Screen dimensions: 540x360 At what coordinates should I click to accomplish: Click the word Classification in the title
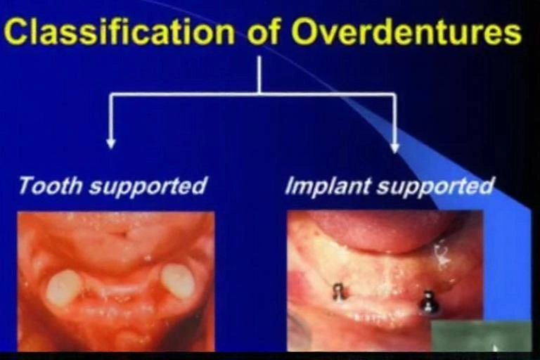coord(119,32)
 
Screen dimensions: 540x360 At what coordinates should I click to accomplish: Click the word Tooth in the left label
coord(51,186)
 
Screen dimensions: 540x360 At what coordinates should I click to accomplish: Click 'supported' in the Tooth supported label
coord(148,187)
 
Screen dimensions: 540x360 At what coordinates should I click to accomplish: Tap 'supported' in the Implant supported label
coord(435,187)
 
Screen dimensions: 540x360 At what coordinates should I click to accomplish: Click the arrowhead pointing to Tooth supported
coord(110,143)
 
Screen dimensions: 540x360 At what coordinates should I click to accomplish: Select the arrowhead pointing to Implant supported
coord(395,148)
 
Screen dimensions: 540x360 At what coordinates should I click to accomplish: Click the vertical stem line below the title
coord(259,75)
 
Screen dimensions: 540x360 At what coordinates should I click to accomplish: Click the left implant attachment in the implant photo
coord(339,292)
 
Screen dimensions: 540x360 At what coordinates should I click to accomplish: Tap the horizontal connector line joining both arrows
coord(253,94)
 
